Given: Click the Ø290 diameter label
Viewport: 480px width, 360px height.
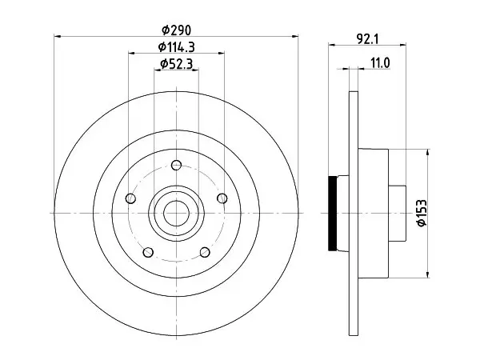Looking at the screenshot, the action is point(176,30).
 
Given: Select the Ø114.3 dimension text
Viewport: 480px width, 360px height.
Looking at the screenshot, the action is point(176,47).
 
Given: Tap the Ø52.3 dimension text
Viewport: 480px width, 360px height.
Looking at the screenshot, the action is point(176,64).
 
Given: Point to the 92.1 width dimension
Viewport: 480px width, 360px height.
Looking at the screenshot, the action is point(368,39).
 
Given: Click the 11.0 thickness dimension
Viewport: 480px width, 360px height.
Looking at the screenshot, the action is point(380,63).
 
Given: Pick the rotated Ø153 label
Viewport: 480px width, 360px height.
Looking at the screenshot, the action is point(422,213).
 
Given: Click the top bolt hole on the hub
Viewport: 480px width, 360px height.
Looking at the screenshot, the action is point(176,166).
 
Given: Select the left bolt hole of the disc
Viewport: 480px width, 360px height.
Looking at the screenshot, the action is point(130,198).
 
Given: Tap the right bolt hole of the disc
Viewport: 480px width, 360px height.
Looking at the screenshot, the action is point(222,198).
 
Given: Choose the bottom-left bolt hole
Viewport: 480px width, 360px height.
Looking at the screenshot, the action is point(148,252).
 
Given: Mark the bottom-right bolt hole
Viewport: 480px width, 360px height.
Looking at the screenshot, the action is point(205,252).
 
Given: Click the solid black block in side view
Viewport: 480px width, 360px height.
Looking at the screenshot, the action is point(332,214).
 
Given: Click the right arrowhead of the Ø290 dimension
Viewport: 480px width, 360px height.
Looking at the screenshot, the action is point(295,37).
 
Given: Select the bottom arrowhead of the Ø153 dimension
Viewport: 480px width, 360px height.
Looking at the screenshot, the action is point(428,274).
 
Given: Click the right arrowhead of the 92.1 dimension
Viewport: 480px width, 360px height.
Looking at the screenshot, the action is point(402,45).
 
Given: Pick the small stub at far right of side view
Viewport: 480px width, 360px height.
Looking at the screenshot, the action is point(398,213).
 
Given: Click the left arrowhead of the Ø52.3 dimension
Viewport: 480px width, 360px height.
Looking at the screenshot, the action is point(158,70).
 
